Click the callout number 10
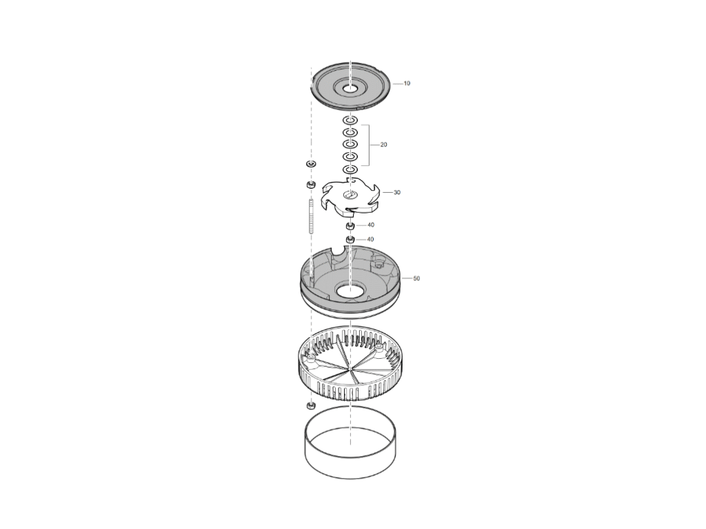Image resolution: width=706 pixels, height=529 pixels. coord(407,83)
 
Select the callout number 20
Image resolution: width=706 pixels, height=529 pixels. coord(383,145)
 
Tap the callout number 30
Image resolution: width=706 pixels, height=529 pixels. coord(396,193)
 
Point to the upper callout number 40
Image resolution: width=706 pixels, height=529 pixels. coord(370,225)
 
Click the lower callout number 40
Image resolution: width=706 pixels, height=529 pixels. coord(370,239)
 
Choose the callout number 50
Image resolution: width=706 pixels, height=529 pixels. coord(416,278)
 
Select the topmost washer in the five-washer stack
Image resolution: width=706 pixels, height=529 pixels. coord(350,121)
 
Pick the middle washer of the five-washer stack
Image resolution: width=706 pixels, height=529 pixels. coord(350,144)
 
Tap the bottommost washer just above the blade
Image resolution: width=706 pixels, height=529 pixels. coord(350,170)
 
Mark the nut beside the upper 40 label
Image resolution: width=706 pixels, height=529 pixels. coord(350,225)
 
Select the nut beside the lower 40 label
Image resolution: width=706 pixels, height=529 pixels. coord(350,239)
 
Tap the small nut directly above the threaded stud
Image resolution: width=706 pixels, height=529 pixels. coord(311,185)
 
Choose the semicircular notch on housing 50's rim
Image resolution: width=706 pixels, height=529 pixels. coord(340,253)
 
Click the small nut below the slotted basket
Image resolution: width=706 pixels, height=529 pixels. coord(311,406)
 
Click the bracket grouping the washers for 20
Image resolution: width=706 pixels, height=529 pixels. coord(370,145)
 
